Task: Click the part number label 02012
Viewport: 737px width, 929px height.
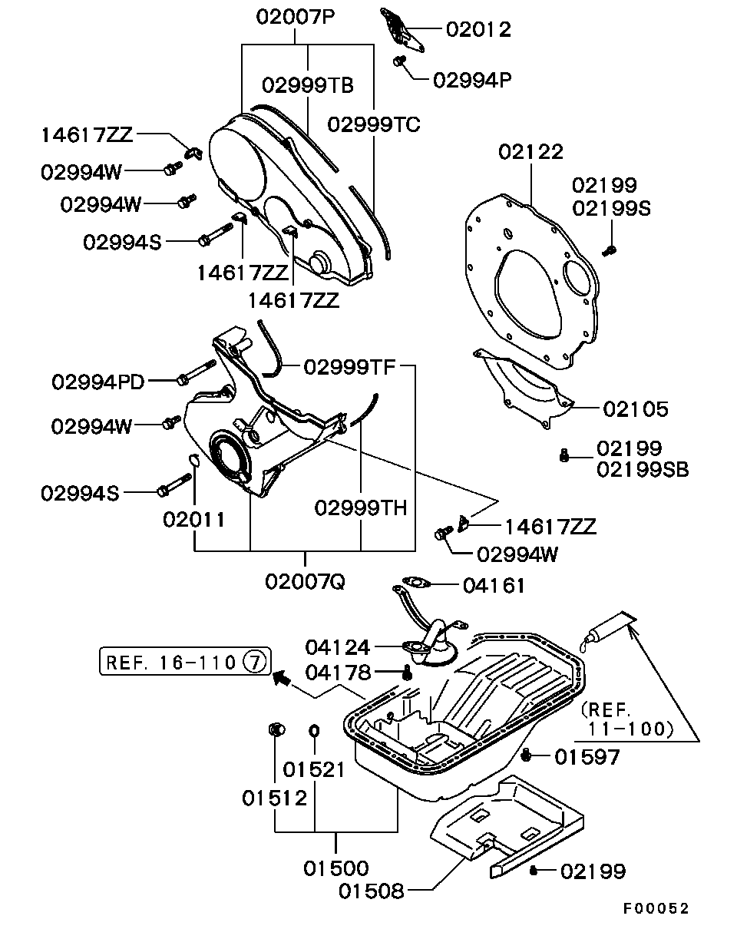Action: pos(478,29)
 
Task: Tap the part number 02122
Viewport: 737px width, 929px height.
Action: pos(530,151)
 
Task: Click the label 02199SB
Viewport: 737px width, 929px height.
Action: pos(643,469)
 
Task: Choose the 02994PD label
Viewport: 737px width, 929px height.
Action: pos(98,382)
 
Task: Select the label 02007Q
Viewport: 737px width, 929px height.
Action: pos(305,581)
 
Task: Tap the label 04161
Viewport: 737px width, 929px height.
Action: pos(494,586)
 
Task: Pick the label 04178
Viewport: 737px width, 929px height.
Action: pos(338,673)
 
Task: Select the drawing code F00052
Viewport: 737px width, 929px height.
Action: pos(656,909)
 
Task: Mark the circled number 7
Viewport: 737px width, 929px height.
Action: pos(256,660)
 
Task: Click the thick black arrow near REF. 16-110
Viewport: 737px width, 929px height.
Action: pos(283,677)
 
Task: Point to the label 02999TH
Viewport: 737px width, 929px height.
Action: pos(361,507)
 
